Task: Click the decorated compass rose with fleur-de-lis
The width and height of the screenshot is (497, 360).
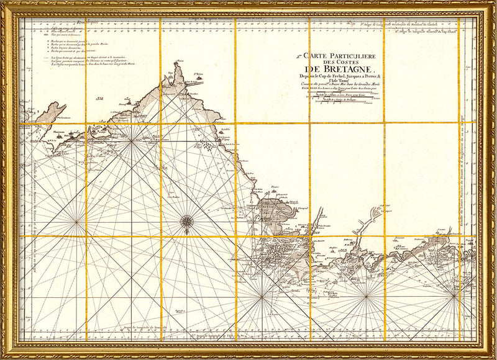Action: point(186,221)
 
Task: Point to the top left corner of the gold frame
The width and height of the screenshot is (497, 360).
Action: point(4,4)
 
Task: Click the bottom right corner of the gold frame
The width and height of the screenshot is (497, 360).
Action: point(493,356)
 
